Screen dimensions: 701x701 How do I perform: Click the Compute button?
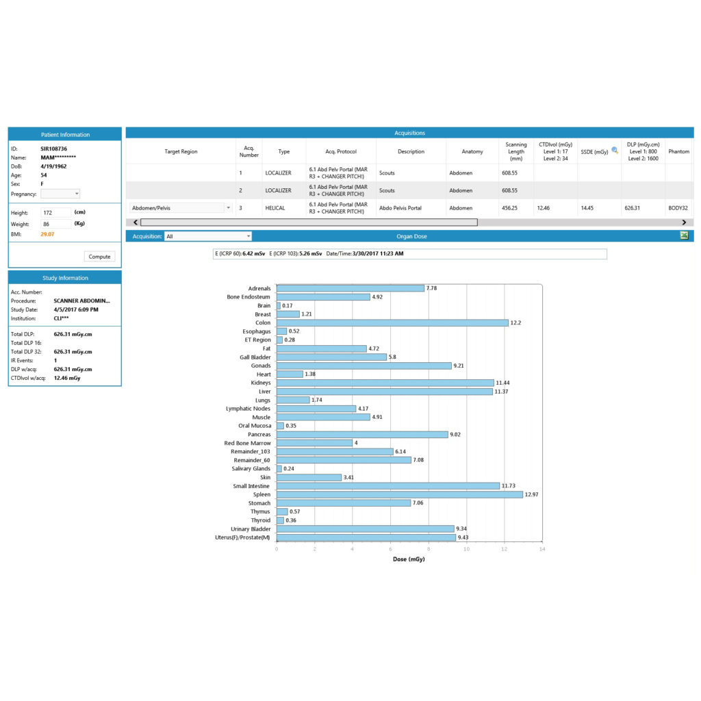coord(100,257)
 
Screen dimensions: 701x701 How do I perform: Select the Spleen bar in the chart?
coord(399,494)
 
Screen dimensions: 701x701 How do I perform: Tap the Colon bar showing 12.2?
coord(392,322)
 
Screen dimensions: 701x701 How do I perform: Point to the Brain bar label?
coord(264,305)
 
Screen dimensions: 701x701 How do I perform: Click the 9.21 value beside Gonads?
coord(460,366)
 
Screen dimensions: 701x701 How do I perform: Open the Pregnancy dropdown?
coord(60,194)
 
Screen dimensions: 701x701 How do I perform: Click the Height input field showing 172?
coord(56,213)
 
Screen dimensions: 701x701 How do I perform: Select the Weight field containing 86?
coord(56,224)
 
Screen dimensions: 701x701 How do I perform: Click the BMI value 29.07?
coord(47,234)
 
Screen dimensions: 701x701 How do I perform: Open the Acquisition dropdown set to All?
coord(208,236)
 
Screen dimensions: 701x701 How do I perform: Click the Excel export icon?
coord(684,235)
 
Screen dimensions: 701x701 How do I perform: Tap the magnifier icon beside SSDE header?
coord(615,151)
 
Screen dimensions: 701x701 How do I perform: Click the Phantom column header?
coord(678,151)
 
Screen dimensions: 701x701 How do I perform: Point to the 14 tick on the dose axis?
coord(542,548)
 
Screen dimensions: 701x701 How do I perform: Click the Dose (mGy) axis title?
coord(409,559)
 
